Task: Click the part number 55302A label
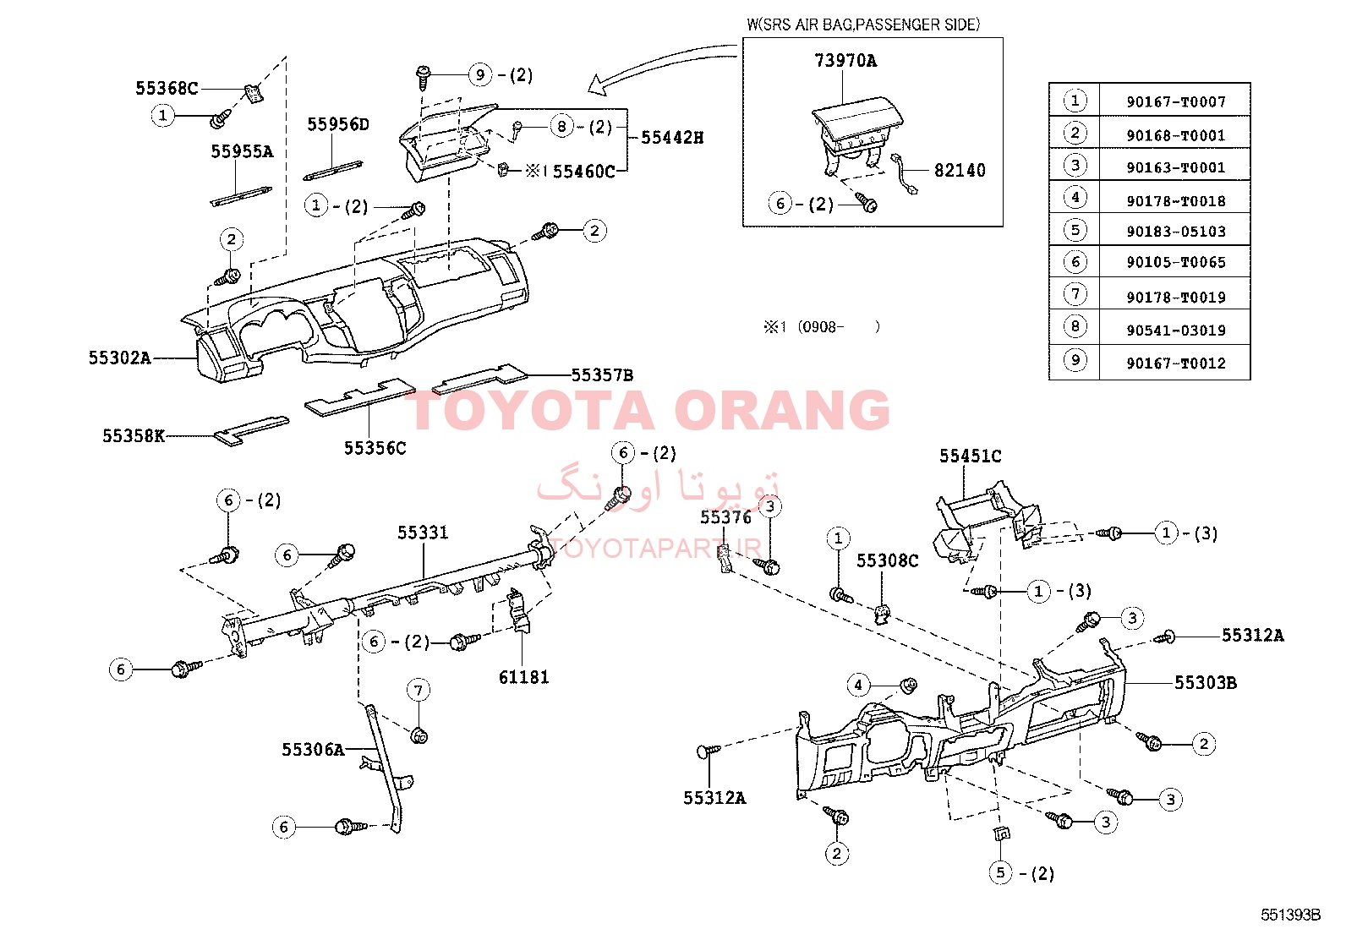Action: [x=119, y=358]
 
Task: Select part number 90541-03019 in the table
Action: [x=1175, y=331]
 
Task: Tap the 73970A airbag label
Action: [x=845, y=61]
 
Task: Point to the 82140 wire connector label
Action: [x=960, y=171]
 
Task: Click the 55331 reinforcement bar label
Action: [x=423, y=533]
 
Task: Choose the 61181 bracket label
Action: [x=523, y=677]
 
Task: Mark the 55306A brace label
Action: [x=313, y=750]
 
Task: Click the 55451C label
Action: [x=970, y=456]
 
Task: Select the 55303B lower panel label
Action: [x=1205, y=683]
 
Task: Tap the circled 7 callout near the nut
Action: [x=419, y=691]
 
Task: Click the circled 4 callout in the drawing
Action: [x=858, y=685]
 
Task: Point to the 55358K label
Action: [x=133, y=436]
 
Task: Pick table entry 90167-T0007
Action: [x=1175, y=102]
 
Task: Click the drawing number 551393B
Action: [x=1290, y=915]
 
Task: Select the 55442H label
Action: [x=672, y=138]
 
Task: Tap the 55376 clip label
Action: [x=725, y=517]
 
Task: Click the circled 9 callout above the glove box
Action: [x=480, y=74]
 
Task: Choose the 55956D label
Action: [x=338, y=125]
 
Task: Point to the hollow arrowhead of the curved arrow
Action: [x=597, y=84]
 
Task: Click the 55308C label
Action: [x=887, y=561]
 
